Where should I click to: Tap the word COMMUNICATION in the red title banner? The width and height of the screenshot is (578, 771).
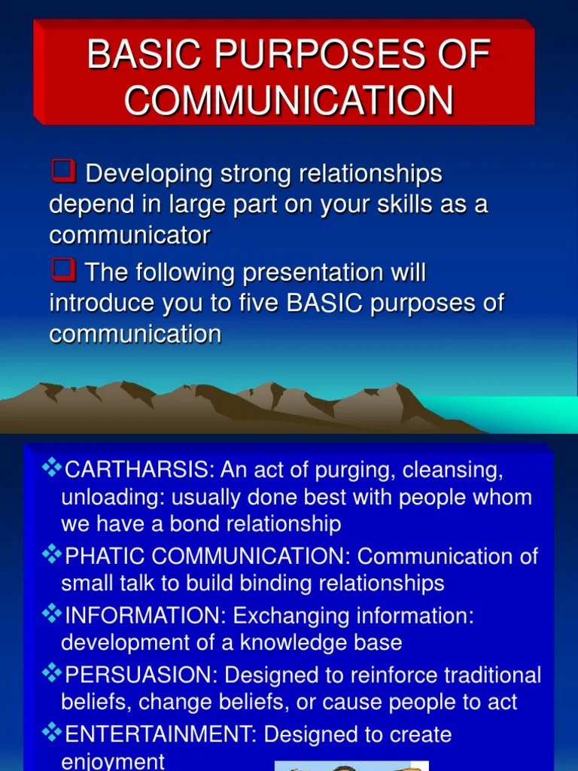[x=289, y=100]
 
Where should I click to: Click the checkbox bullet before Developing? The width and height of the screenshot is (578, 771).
[x=63, y=172]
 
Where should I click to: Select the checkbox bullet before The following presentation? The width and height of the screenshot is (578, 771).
[x=63, y=270]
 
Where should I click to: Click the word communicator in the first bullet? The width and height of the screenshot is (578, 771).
[x=129, y=236]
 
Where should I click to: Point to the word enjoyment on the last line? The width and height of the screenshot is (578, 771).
[x=112, y=761]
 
